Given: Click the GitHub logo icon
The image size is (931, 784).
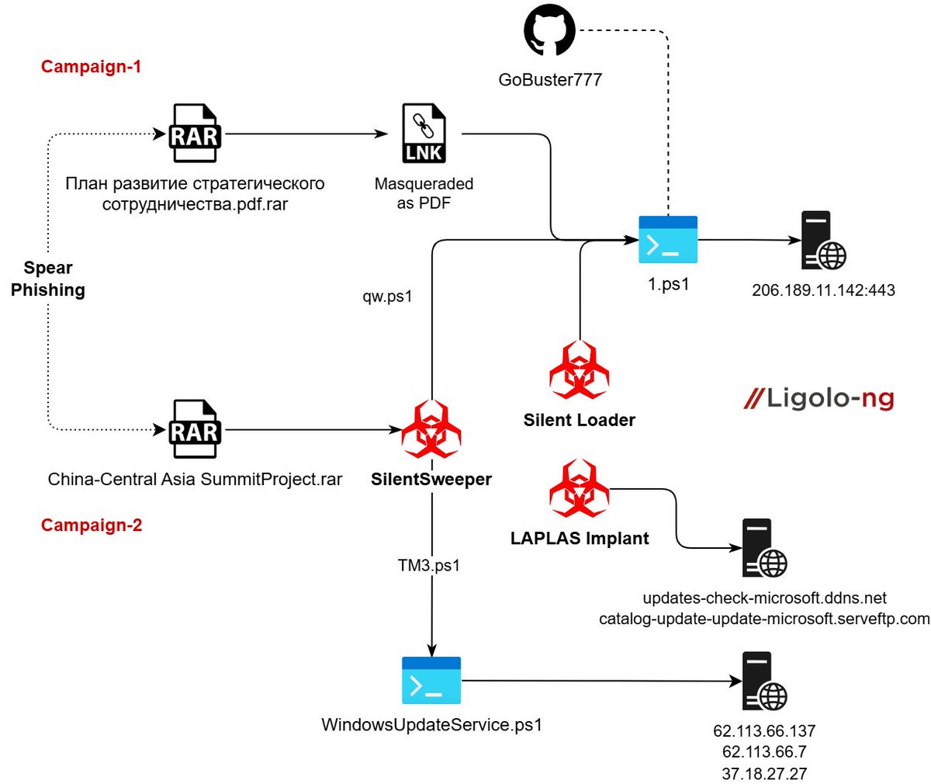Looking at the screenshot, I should click(x=549, y=32).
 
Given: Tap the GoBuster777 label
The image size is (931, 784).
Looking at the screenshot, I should click(x=550, y=79).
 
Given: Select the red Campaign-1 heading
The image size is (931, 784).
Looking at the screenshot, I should click(x=92, y=67).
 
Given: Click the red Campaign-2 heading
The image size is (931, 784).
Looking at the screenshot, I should click(x=92, y=526).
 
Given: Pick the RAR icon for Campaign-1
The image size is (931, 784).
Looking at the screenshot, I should click(x=195, y=135).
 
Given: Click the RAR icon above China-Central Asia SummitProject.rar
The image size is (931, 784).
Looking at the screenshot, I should click(x=195, y=429).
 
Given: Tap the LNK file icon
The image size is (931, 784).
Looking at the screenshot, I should click(x=424, y=134).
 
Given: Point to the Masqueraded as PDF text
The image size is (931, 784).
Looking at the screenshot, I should click(x=424, y=193).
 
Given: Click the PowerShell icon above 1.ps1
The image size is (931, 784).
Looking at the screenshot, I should click(x=668, y=240).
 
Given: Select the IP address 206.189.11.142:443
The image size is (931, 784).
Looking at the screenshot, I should click(x=823, y=290).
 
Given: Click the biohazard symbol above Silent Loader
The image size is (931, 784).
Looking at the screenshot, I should click(x=579, y=370).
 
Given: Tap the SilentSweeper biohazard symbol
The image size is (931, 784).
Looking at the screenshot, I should click(x=431, y=429).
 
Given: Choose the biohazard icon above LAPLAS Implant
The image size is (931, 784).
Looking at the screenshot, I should click(x=579, y=489).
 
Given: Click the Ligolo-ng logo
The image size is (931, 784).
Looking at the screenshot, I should click(x=819, y=399).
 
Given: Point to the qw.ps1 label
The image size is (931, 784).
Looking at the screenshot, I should click(x=387, y=297).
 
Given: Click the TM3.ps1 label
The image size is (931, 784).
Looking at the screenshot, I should click(x=429, y=565).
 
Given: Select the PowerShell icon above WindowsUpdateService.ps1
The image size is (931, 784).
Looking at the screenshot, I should click(x=431, y=680).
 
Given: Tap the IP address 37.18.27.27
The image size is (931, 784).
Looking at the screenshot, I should click(x=764, y=774).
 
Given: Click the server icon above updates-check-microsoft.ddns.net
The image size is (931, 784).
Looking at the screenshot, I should click(x=764, y=548).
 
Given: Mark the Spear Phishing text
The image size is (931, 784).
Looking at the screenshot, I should click(x=48, y=279).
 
